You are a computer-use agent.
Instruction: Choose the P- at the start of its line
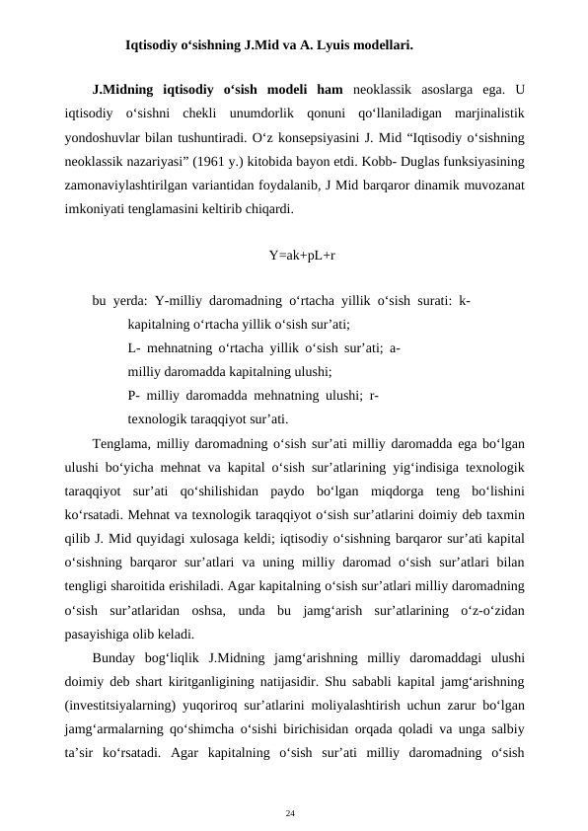[134, 394]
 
